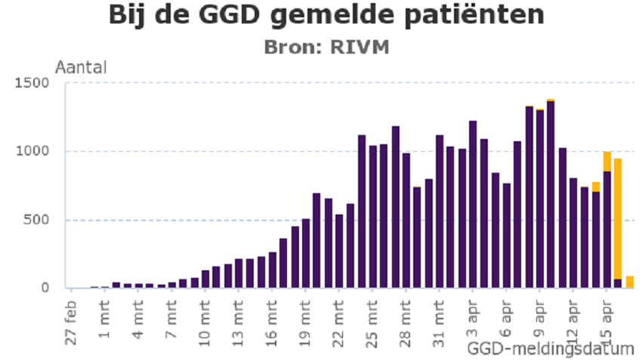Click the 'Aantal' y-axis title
pos(81,67)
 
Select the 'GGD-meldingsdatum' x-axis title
pos(550,349)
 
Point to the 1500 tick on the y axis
pos(36,82)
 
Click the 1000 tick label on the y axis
pos(36,151)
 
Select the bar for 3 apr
pos(473,204)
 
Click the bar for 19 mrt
pos(306,254)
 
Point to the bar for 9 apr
pos(539,198)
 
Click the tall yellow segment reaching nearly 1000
pos(618,219)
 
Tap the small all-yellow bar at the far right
pos(629,282)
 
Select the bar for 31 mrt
pos(439,211)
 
